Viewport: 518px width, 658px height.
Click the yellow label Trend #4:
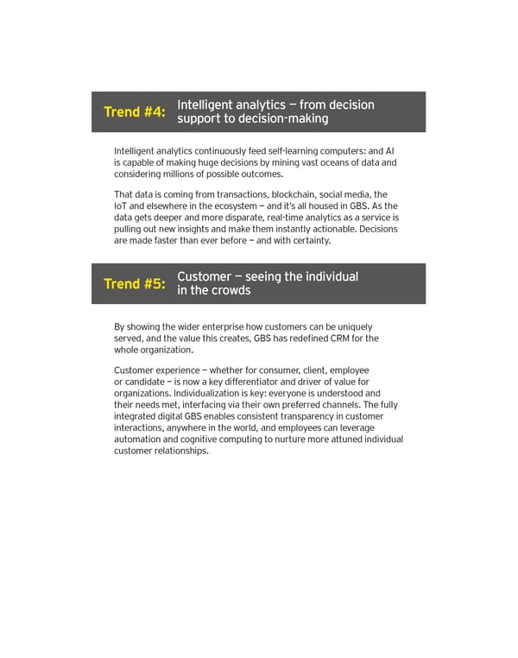[134, 112]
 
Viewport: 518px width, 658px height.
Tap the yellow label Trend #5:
[134, 284]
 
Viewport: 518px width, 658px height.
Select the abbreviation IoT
[122, 206]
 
